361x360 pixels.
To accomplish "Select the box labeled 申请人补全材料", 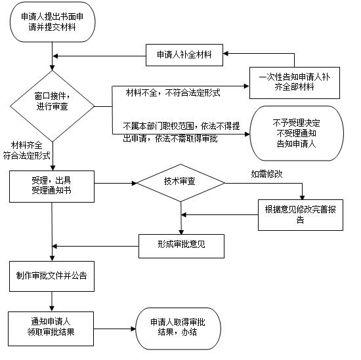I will click(x=184, y=54).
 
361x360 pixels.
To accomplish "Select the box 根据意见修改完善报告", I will click(x=300, y=214).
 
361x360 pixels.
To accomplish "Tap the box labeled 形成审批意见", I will click(x=182, y=246).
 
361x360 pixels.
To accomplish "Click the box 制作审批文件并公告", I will click(x=52, y=276).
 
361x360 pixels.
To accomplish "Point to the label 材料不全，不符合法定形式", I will click(x=173, y=93).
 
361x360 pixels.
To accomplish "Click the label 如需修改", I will click(x=266, y=174).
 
